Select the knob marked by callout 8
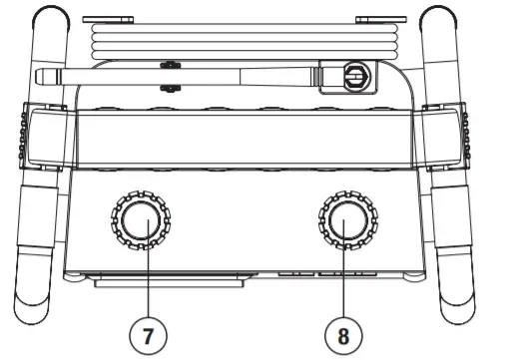[x=345, y=221]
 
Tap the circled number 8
[x=344, y=333]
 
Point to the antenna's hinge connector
[x=351, y=75]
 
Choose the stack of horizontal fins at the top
[x=245, y=40]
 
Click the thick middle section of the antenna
[x=250, y=76]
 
